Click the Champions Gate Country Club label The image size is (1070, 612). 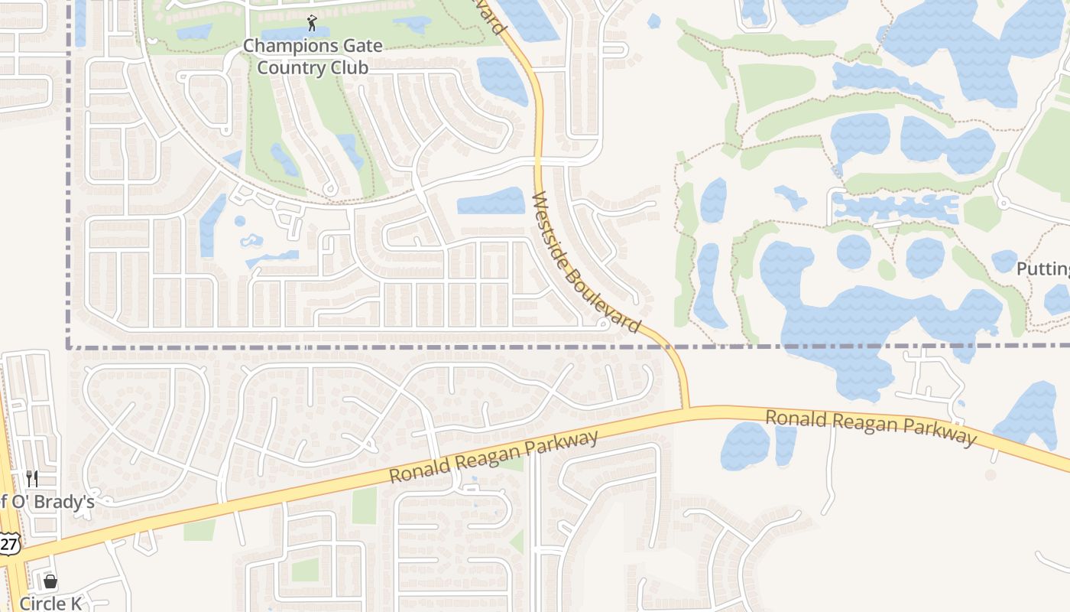[313, 57]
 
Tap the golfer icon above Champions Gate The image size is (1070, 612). [311, 23]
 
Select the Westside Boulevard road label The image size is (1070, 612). [585, 262]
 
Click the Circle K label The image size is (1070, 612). [50, 604]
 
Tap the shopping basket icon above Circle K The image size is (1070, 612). [50, 582]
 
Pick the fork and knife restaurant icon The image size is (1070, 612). [32, 479]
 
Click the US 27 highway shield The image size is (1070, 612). [9, 544]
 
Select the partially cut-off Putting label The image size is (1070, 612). [1042, 269]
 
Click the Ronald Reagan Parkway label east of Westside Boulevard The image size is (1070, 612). [871, 426]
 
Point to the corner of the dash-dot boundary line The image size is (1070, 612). [69, 347]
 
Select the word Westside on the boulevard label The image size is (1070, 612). [552, 229]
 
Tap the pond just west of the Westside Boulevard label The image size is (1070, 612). [491, 201]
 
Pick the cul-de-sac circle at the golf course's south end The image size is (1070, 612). [330, 189]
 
